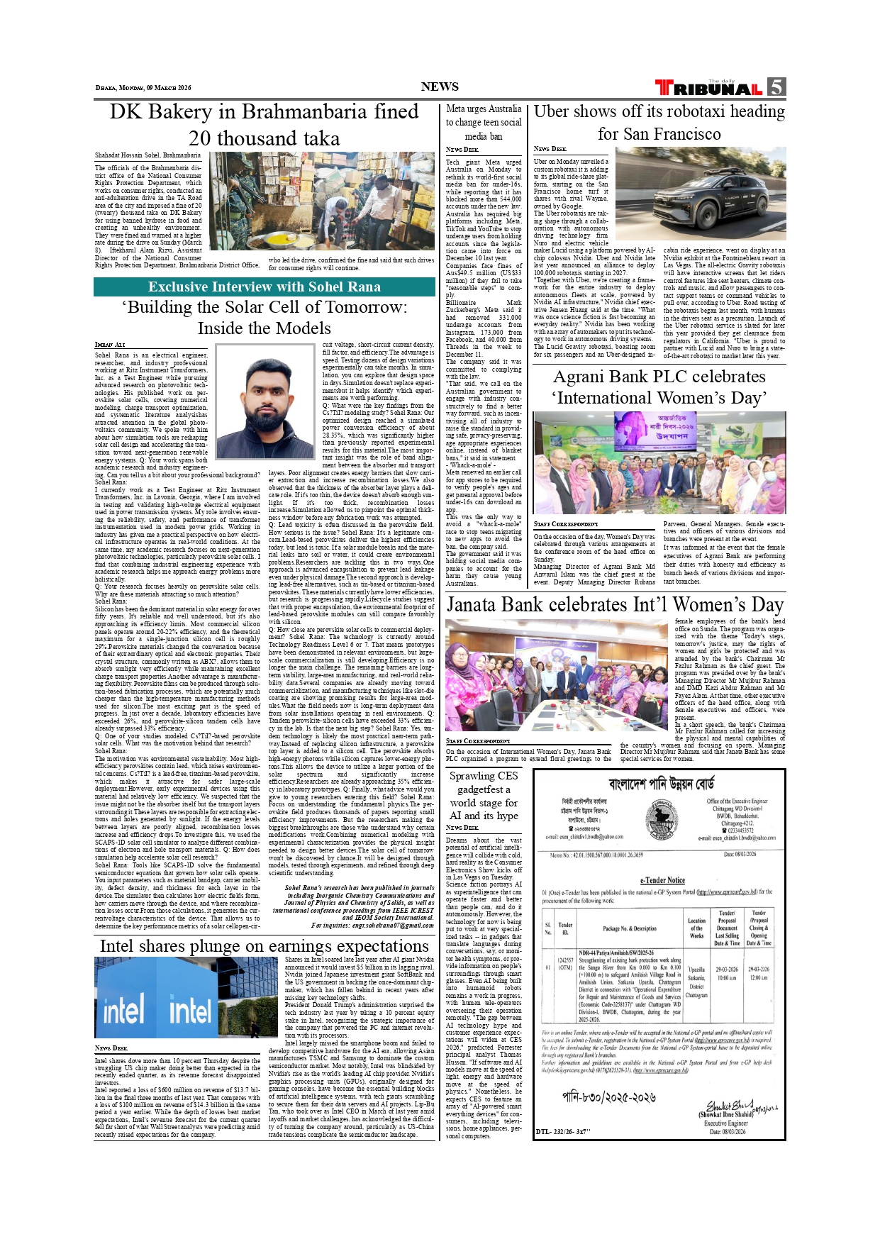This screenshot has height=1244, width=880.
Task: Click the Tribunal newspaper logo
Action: click(x=708, y=88)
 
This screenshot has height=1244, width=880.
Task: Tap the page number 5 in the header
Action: click(x=776, y=87)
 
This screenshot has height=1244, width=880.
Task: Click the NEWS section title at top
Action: click(x=440, y=87)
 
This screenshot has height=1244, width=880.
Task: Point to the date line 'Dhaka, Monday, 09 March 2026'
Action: click(x=143, y=88)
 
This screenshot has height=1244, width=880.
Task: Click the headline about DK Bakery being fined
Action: click(x=264, y=125)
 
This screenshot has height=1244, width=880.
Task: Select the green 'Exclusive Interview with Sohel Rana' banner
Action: click(x=264, y=287)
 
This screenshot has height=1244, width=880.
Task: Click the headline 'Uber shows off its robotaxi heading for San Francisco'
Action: click(x=659, y=123)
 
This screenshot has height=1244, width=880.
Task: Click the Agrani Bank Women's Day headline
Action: click(x=659, y=387)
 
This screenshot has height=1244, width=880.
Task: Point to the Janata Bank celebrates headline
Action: click(x=615, y=605)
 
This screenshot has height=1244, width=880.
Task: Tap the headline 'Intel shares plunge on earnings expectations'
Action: click(x=264, y=946)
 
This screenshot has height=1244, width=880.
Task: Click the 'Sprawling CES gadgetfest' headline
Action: click(x=483, y=796)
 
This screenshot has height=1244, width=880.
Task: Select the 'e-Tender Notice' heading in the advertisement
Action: click(x=662, y=880)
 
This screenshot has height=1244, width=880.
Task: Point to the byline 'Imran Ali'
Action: click(x=110, y=345)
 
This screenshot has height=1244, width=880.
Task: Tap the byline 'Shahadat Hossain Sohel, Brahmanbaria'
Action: click(x=147, y=155)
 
